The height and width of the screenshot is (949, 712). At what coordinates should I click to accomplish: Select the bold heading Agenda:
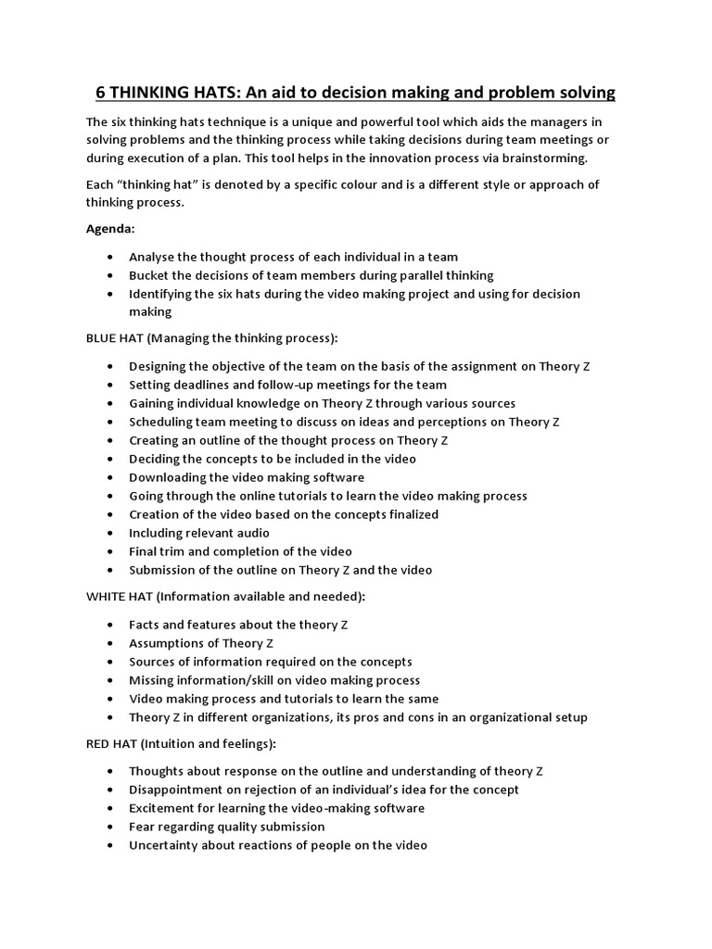click(111, 228)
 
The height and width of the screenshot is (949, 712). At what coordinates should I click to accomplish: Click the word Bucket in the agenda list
click(149, 275)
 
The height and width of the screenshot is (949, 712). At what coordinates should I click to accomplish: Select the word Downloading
click(168, 477)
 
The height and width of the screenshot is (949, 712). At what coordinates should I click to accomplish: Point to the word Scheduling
click(163, 422)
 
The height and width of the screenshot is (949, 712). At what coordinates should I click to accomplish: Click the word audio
click(251, 533)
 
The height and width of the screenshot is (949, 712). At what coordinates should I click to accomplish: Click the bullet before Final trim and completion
click(112, 551)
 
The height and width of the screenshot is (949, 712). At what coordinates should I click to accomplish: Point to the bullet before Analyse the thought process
click(112, 257)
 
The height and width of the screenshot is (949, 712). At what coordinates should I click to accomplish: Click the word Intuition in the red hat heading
click(181, 743)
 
